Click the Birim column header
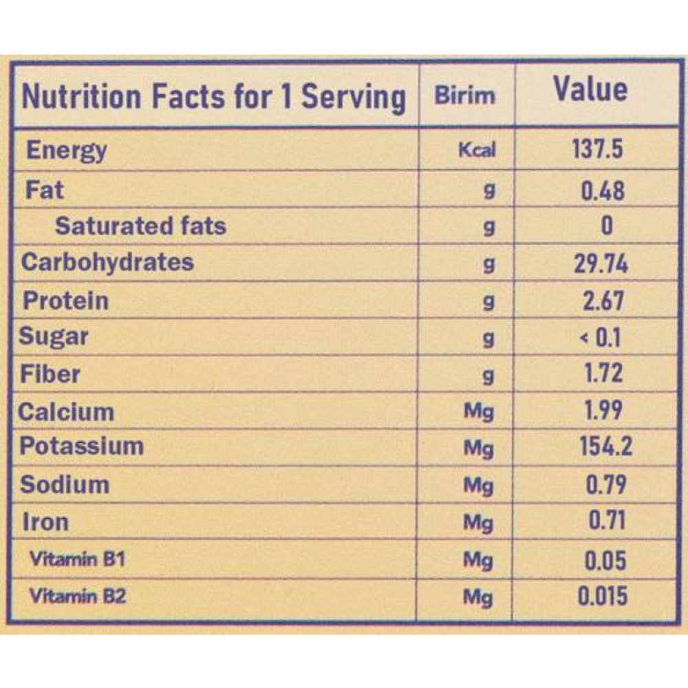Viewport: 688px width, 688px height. click(x=464, y=95)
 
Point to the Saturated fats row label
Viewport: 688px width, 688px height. click(x=140, y=226)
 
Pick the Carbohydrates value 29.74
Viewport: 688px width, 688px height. click(x=601, y=264)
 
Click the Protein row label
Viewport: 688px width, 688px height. click(x=66, y=301)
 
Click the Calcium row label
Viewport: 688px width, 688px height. click(x=66, y=412)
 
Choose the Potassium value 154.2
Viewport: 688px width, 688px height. click(x=606, y=447)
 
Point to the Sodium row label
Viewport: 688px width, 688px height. click(x=65, y=484)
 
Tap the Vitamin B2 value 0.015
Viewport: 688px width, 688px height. click(x=602, y=596)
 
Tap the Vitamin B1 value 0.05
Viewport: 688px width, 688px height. click(x=605, y=560)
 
